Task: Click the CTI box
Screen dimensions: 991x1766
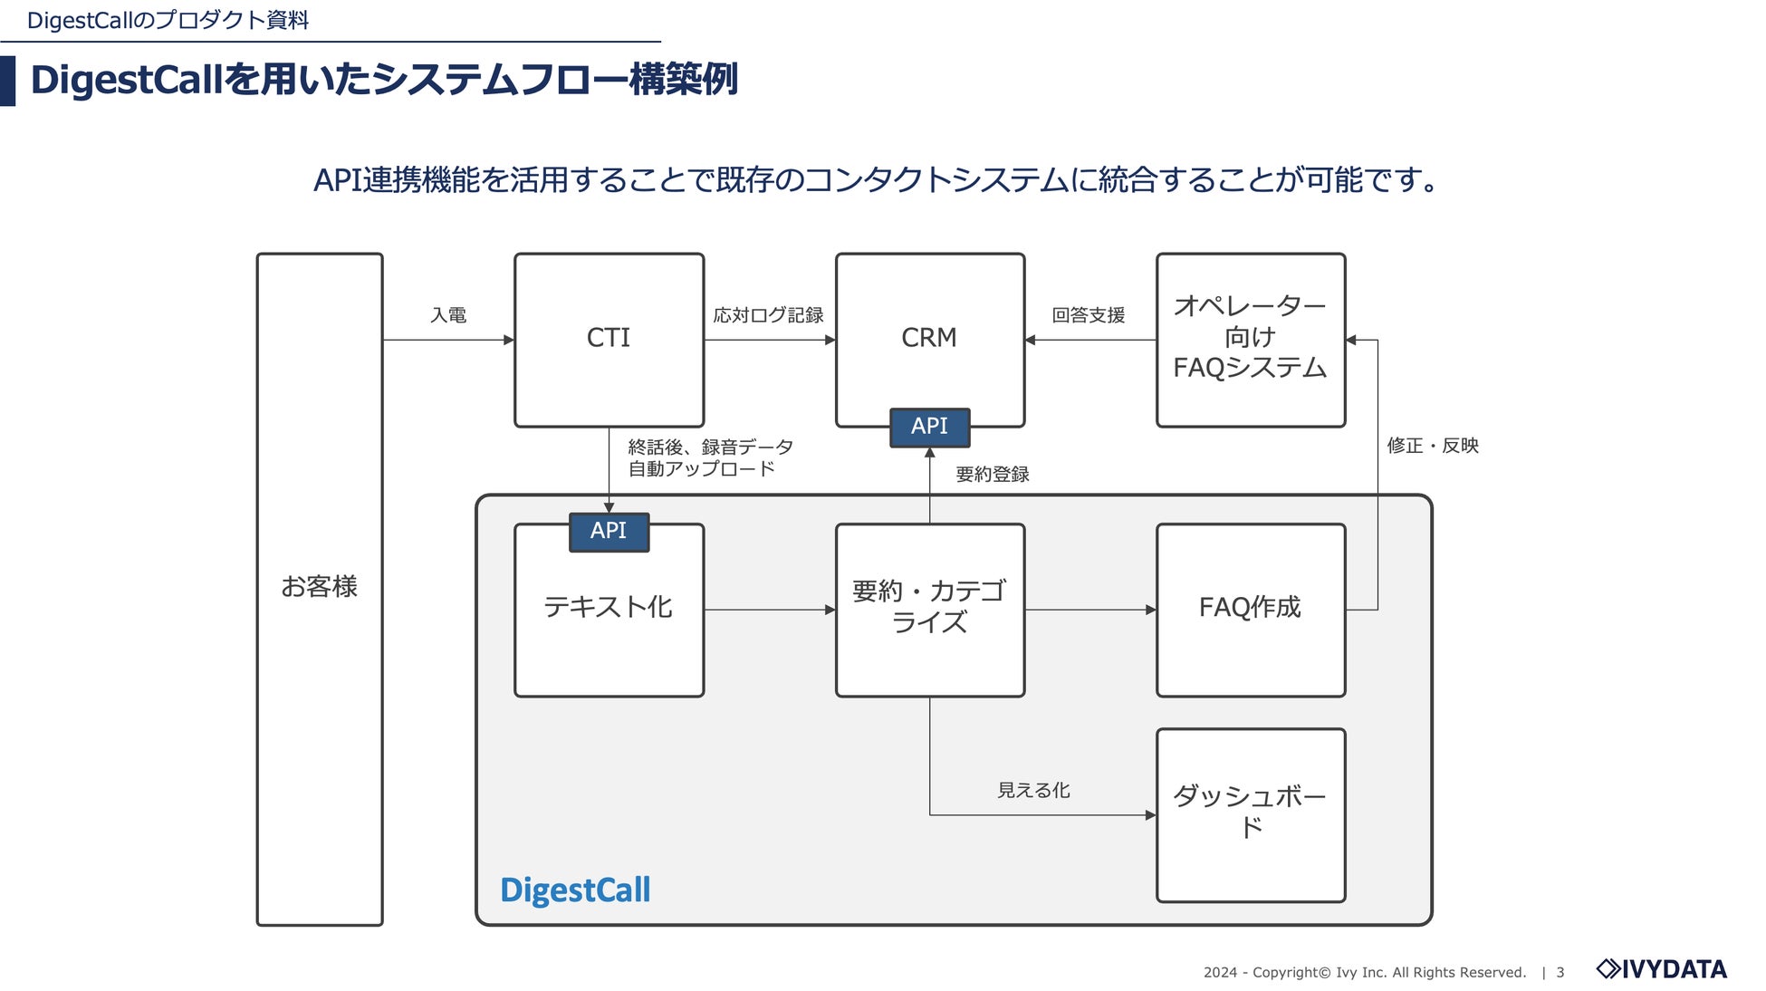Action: tap(609, 340)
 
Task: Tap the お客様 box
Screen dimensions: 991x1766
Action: tap(319, 588)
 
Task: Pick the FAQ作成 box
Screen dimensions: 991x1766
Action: tap(1250, 609)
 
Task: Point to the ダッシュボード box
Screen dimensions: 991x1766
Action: tap(1250, 814)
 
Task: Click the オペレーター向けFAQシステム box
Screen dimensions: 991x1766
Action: tap(1250, 339)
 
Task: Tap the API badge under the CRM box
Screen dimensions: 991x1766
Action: tap(929, 427)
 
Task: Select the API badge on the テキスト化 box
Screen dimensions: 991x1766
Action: tap(609, 532)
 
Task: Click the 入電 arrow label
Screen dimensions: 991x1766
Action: tap(448, 315)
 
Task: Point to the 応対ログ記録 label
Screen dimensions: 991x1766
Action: tap(768, 315)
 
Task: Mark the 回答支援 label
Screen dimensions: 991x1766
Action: tap(1088, 315)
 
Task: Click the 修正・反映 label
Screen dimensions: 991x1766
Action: tap(1432, 446)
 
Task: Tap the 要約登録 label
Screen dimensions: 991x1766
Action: tap(993, 475)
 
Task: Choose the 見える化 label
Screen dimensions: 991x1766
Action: tap(1033, 791)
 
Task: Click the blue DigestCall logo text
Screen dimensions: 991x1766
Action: tap(575, 890)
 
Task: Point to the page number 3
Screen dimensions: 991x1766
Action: tap(1560, 973)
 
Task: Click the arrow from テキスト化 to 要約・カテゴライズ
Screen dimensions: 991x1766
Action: tap(769, 610)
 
